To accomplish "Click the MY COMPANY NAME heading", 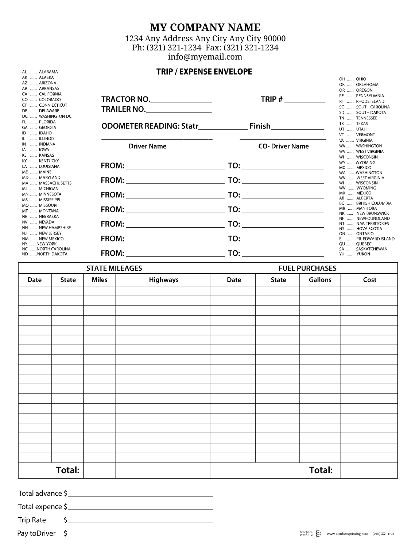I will (x=205, y=28).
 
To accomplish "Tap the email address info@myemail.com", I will (x=205, y=57).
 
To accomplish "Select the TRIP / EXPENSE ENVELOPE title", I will (x=204, y=72).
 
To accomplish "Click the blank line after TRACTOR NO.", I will (x=181, y=101).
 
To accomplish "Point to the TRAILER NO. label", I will (x=123, y=109).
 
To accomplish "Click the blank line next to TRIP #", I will (x=305, y=101).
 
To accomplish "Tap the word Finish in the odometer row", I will (x=260, y=126).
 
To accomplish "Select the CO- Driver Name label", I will (x=283, y=146).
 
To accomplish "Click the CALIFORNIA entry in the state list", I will (x=50, y=94).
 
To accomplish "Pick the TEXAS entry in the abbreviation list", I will (x=362, y=124).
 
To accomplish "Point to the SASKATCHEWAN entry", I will (x=372, y=249).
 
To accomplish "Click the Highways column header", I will (x=163, y=280).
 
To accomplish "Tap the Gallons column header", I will (x=320, y=280).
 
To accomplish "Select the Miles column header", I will (x=100, y=280).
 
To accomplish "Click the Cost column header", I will (x=369, y=280).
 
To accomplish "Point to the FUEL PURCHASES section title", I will (x=307, y=269).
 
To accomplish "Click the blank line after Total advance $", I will (x=140, y=494).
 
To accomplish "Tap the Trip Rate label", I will (x=32, y=520).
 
